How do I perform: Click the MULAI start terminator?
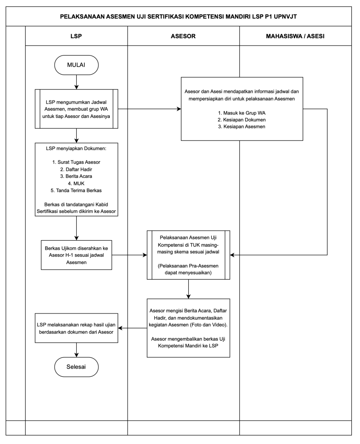(76, 65)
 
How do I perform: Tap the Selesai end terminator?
(76, 367)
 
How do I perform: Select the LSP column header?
(76, 36)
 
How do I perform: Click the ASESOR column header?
(183, 36)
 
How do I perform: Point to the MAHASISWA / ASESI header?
(295, 36)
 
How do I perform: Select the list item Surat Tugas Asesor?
(76, 162)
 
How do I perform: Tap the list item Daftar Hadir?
(76, 170)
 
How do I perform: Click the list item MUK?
(76, 183)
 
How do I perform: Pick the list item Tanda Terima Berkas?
(76, 191)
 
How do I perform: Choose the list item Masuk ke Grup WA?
(242, 113)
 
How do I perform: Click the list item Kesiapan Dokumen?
(242, 120)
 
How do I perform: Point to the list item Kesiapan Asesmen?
(242, 127)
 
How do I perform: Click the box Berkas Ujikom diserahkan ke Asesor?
(76, 255)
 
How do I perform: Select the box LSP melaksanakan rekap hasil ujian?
(76, 328)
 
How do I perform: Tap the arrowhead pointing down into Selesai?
(76, 355)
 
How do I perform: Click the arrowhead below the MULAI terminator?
(76, 87)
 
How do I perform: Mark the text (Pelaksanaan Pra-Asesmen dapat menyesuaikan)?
(188, 269)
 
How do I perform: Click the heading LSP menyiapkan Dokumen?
(76, 148)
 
